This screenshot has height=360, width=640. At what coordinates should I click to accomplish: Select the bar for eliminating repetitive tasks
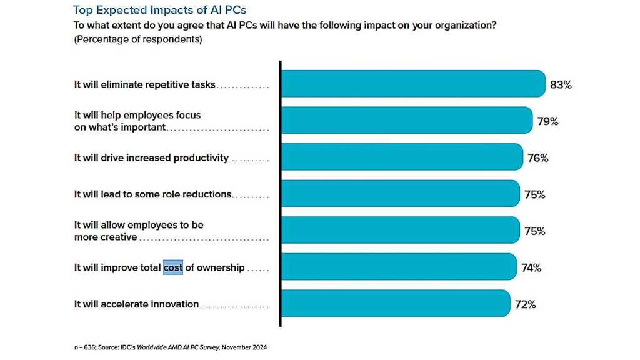[412, 84]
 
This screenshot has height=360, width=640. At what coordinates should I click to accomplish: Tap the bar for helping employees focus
[406, 121]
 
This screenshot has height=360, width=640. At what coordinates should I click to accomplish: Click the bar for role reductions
[400, 194]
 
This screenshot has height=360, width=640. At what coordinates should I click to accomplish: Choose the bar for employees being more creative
[400, 230]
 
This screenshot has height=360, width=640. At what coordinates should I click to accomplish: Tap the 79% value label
[547, 121]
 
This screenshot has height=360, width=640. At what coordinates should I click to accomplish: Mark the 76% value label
[537, 158]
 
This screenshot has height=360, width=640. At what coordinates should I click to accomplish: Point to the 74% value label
[531, 268]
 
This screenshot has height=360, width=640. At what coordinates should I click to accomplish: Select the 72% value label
[526, 305]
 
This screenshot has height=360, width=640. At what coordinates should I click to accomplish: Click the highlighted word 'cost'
[173, 267]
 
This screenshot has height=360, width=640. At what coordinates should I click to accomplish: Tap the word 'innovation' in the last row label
[174, 304]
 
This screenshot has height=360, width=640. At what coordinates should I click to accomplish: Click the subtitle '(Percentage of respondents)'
[137, 39]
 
